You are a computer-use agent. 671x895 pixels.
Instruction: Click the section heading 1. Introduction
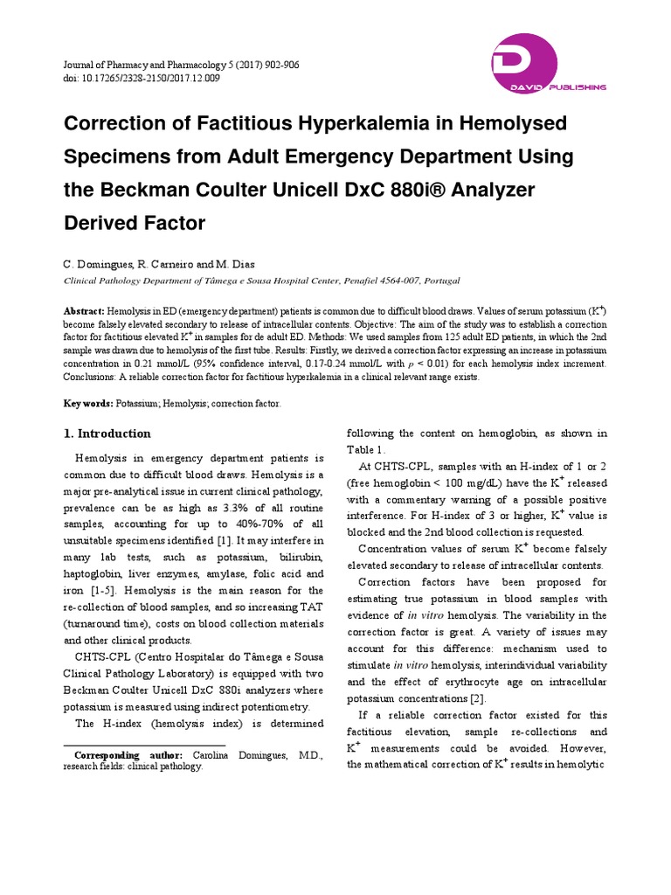point(107,434)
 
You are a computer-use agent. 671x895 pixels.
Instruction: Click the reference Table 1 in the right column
point(364,449)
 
